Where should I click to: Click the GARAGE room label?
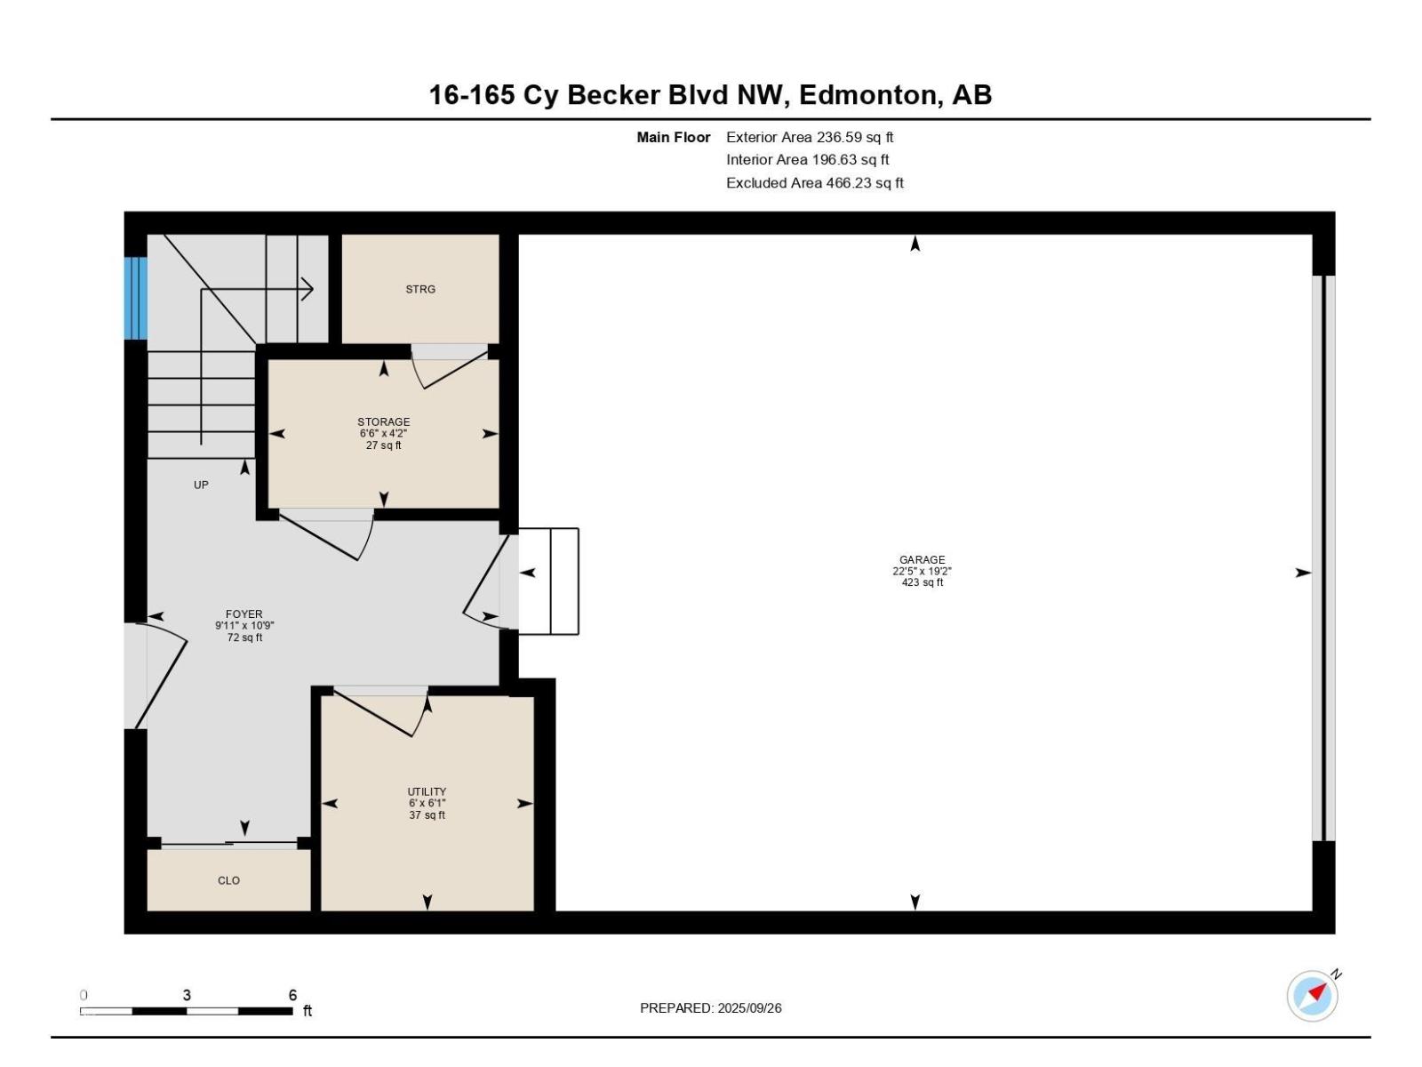pos(922,559)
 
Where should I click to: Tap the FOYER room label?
pos(244,614)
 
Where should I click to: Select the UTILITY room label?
pos(427,791)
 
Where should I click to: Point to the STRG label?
pos(419,289)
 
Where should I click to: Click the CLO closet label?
pos(228,879)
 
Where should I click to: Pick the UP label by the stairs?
pos(201,485)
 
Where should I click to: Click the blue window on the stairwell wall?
pos(135,298)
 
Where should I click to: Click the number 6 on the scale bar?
pos(292,995)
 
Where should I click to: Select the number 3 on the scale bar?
pos(187,995)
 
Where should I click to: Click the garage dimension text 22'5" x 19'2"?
pos(922,571)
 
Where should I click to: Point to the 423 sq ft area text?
pos(922,582)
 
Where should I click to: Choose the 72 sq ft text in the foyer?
pos(244,638)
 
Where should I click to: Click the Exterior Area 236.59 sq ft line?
pos(809,137)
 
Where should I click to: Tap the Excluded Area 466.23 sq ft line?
pos(814,182)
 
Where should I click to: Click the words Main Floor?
pos(673,137)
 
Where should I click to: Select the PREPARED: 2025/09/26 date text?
pos(711,1008)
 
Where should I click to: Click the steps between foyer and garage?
pos(548,582)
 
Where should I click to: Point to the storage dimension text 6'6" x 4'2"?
pos(383,433)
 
